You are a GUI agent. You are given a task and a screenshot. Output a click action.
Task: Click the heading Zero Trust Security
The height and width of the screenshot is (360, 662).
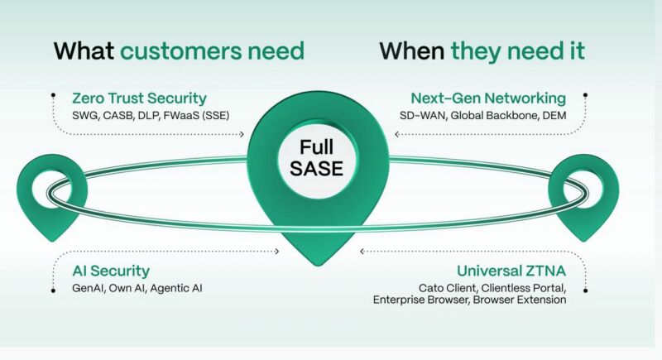[139, 98]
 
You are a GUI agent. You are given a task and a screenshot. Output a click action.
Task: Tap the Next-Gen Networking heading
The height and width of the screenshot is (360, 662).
[488, 98]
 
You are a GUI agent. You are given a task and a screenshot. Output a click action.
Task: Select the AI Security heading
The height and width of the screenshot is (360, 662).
[111, 271]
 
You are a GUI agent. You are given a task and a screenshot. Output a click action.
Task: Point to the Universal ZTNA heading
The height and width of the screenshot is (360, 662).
[511, 271]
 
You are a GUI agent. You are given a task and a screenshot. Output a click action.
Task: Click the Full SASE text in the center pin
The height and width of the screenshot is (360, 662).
[317, 158]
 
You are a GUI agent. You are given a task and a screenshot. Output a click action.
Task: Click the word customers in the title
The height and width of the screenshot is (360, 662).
[180, 51]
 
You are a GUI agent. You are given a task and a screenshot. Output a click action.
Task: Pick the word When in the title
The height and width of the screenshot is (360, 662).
[412, 51]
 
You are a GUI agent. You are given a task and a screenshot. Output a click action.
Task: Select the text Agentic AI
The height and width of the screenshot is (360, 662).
[176, 289]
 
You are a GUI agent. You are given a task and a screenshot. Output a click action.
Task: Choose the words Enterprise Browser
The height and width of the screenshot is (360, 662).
[421, 300]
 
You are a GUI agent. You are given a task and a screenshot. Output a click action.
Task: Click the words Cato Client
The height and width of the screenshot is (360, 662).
[448, 288]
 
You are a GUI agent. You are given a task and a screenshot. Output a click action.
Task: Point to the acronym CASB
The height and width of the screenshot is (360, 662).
[118, 116]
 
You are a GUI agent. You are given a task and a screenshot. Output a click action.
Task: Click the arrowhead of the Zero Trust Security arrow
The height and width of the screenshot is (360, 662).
[242, 134]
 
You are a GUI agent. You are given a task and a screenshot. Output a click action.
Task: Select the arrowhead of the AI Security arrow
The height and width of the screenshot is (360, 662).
[277, 252]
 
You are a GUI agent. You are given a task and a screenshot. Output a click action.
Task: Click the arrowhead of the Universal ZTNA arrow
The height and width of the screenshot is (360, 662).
[362, 252]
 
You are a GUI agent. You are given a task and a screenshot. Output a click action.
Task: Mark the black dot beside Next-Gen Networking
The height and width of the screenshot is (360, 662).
[585, 95]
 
